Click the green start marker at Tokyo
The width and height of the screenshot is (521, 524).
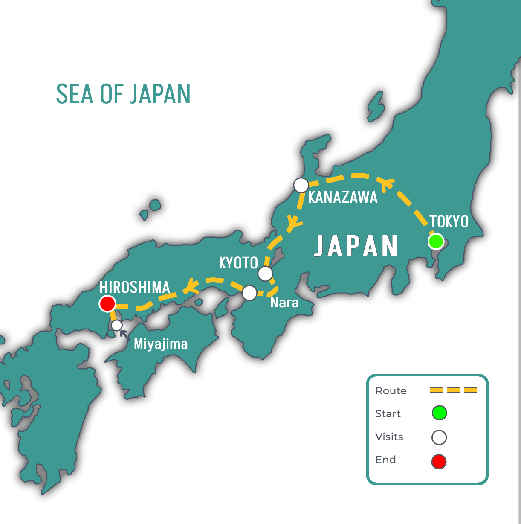[x=436, y=242]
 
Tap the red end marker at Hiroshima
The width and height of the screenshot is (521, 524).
[x=107, y=304]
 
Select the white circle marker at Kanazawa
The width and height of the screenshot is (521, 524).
[x=301, y=186]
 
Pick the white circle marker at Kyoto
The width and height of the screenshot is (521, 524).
[x=265, y=274]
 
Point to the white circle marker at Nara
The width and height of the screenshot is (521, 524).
[x=249, y=293]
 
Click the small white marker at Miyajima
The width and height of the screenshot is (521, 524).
[x=117, y=326]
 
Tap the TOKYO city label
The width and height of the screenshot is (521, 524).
[x=449, y=221]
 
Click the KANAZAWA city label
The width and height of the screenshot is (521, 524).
[x=343, y=197]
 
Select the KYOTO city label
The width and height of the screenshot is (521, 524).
[x=238, y=263]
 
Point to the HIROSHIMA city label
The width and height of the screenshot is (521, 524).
[x=135, y=287]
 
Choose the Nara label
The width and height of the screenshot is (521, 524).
[x=284, y=303]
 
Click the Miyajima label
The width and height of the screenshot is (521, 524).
[x=161, y=344]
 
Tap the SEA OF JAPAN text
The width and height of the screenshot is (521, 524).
[x=123, y=94]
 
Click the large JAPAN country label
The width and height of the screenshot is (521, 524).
[x=356, y=246]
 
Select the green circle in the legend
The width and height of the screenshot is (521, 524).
[x=439, y=413]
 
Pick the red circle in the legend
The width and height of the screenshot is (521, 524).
[x=439, y=462]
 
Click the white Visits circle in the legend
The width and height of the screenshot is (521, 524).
[x=439, y=437]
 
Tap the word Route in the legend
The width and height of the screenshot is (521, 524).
[x=391, y=391]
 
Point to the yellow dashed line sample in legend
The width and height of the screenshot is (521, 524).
[x=453, y=390]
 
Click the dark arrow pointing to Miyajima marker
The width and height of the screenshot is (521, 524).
[x=125, y=335]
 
